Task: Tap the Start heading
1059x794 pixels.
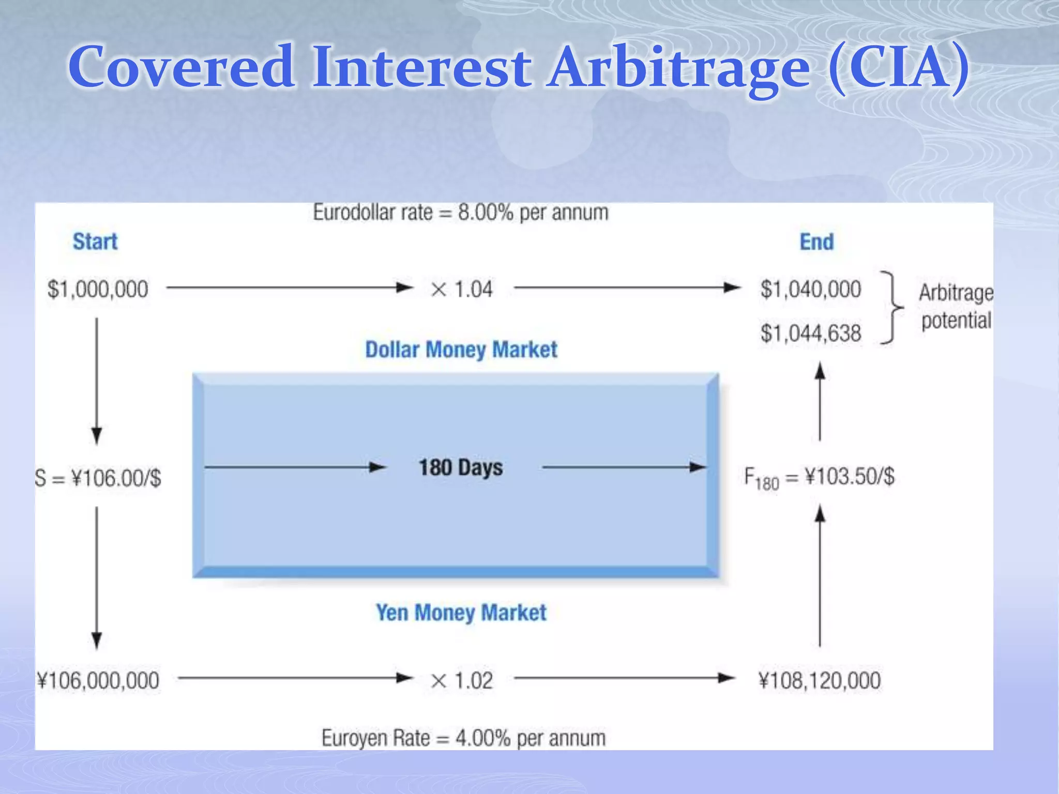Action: click(95, 241)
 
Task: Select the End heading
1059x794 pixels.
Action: click(816, 242)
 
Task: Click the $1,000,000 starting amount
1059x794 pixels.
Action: click(97, 289)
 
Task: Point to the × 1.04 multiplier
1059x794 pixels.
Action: click(461, 289)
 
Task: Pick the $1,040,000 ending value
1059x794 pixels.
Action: click(810, 289)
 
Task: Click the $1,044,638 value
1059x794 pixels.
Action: click(810, 333)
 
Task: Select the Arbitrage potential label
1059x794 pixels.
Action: click(956, 307)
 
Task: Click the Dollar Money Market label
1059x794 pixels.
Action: click(461, 349)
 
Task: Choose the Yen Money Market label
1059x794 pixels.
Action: click(461, 613)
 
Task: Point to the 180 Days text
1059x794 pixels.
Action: click(460, 467)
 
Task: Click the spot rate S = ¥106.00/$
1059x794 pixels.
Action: click(98, 478)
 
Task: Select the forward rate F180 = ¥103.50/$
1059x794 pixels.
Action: click(819, 477)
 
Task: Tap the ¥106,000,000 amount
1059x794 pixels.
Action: click(98, 680)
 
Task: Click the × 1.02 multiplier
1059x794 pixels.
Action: click(461, 680)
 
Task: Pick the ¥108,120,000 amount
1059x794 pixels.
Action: click(819, 680)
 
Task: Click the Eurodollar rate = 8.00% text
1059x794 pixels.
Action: click(460, 212)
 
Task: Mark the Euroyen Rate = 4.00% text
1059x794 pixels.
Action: click(463, 738)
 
